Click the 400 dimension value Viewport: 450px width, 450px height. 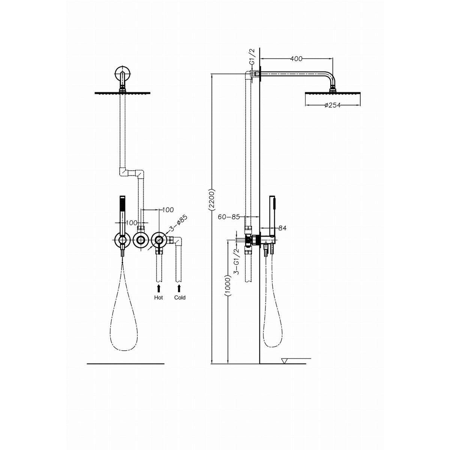pyautogui.click(x=296, y=58)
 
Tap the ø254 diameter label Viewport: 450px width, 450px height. pyautogui.click(x=332, y=105)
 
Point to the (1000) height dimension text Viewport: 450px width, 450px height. pyautogui.click(x=228, y=286)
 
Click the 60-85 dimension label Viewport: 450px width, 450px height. pyautogui.click(x=229, y=217)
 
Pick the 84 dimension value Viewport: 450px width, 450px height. pyautogui.click(x=282, y=228)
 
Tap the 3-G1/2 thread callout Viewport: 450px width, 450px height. pyautogui.click(x=237, y=261)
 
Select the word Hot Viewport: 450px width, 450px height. pyautogui.click(x=159, y=297)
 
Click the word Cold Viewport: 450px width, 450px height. pyautogui.click(x=180, y=297)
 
